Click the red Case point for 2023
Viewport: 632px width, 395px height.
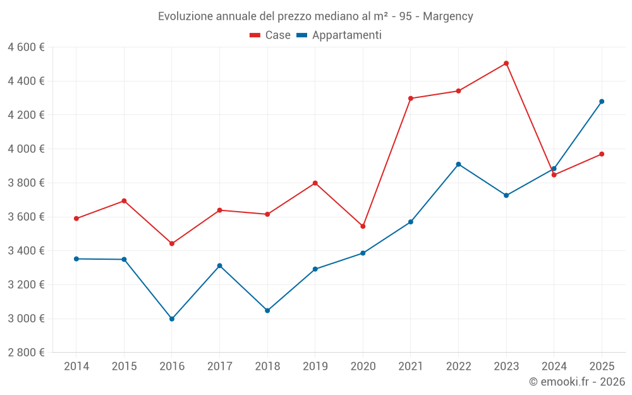[506, 63]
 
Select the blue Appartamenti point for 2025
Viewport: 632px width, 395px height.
[602, 101]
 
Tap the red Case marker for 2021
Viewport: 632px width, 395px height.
[411, 99]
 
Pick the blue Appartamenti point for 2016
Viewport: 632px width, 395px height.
[172, 319]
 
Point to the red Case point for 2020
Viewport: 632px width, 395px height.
[363, 226]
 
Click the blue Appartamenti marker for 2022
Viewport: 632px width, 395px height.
[459, 164]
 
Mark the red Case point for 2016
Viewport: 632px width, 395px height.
[172, 243]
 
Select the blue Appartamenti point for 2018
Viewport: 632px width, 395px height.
[267, 310]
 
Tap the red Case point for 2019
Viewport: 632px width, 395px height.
[315, 183]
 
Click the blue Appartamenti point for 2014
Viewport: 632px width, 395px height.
[76, 258]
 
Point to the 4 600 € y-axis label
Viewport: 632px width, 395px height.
[26, 47]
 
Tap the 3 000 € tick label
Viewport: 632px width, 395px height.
[26, 319]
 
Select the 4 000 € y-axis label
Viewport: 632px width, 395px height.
[26, 149]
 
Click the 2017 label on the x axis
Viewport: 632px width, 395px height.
[219, 367]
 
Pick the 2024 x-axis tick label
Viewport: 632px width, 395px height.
[554, 367]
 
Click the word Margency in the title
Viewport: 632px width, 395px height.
[448, 16]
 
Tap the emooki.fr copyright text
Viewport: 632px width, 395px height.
[577, 382]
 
